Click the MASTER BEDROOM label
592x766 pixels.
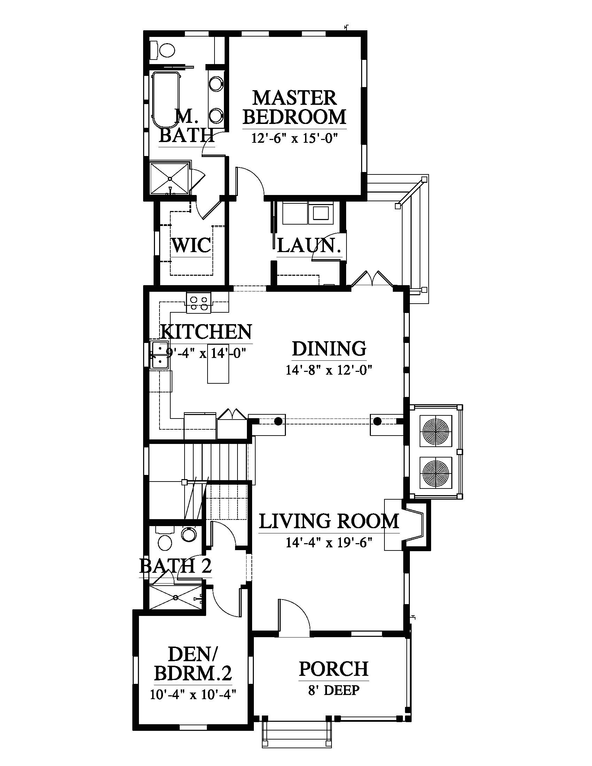(x=294, y=107)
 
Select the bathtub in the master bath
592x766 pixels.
(x=165, y=100)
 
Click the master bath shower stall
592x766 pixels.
(x=170, y=178)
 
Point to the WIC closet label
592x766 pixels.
(x=192, y=245)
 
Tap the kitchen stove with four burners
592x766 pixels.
(x=198, y=303)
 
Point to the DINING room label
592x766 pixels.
(x=329, y=349)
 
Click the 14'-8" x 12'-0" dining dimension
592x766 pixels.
(x=329, y=370)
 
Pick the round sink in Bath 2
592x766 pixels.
(x=189, y=535)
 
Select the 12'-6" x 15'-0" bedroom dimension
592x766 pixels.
(x=294, y=138)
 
